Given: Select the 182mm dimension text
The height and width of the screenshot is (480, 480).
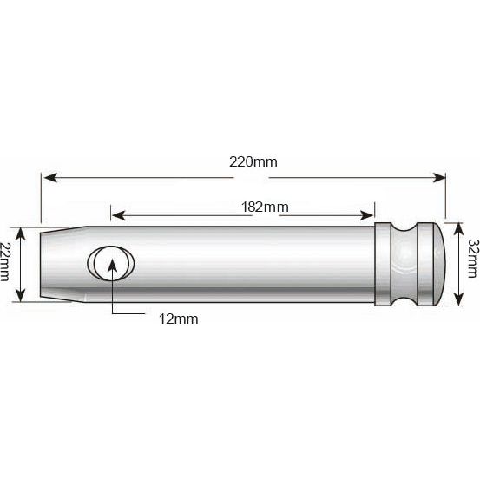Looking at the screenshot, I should click(x=265, y=207).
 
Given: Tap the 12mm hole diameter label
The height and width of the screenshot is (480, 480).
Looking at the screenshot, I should click(x=179, y=319).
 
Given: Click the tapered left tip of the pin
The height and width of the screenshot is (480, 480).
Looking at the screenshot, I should click(x=55, y=254).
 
